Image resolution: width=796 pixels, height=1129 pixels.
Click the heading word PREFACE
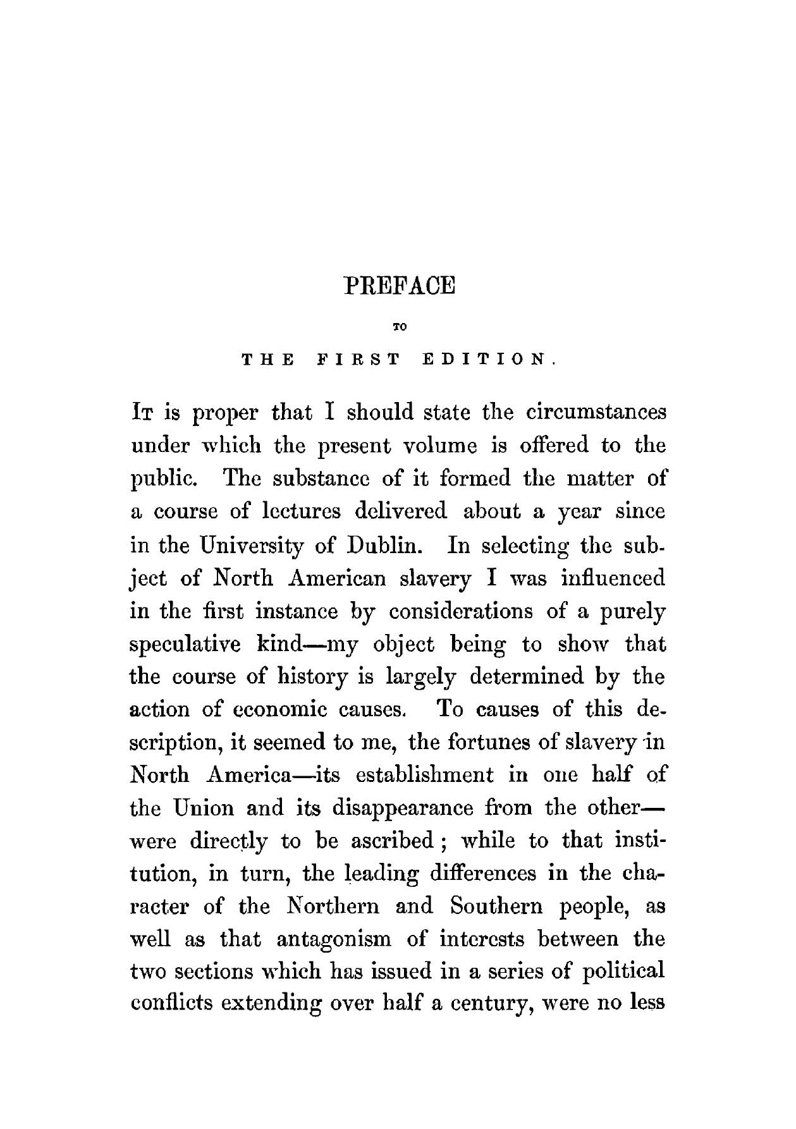click(399, 285)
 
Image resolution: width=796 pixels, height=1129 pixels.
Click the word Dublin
click(386, 544)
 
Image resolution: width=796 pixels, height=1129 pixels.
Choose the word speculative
click(184, 644)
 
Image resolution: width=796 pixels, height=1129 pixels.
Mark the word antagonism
click(334, 940)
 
